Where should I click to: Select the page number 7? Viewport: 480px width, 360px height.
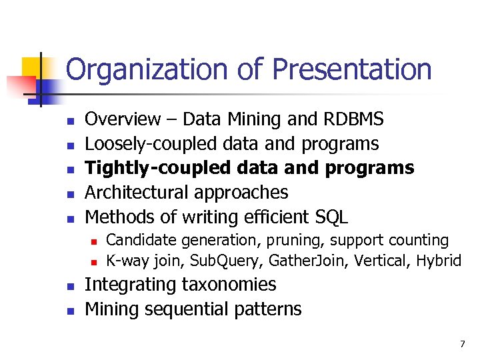pos(461,344)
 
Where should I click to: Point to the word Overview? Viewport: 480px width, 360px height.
pos(123,119)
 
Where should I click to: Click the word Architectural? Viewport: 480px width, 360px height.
pos(137,193)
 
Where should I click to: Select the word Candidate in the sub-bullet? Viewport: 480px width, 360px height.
pos(138,239)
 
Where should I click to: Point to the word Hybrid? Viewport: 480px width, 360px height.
pos(438,260)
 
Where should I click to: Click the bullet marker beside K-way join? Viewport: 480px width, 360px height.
pos(94,261)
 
